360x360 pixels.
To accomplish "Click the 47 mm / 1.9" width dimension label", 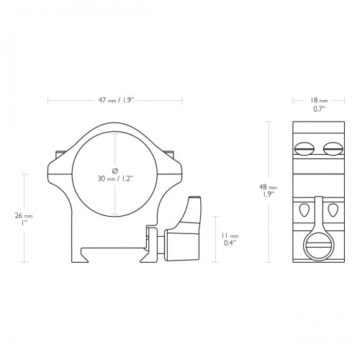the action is click(116, 100).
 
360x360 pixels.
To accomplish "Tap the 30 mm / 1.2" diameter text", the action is click(115, 179).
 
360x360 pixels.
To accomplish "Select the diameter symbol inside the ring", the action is click(115, 171).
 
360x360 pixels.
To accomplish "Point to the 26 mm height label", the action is click(24, 216).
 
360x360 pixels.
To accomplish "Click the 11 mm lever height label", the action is click(230, 236).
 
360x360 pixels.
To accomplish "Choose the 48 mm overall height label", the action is click(268, 186).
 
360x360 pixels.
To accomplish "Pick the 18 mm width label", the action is click(319, 100).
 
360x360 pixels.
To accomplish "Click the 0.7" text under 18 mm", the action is click(319, 109).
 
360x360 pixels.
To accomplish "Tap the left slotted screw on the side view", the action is click(304, 149).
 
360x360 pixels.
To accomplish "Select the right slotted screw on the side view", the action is click(333, 148).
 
